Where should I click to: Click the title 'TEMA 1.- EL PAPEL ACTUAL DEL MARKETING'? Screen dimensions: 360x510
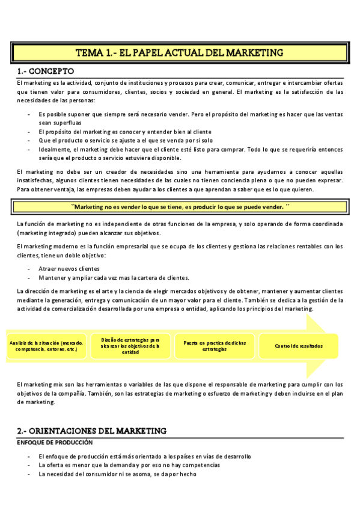click(180, 53)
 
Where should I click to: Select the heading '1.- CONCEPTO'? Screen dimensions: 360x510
click(47, 71)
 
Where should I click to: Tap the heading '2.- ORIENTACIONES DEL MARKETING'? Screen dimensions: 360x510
click(91, 431)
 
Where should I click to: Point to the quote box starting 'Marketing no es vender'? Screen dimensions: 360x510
click(180, 206)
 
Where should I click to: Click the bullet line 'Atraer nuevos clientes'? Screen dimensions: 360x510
click(69, 268)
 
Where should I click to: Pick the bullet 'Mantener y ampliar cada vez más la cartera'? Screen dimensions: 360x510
click(114, 278)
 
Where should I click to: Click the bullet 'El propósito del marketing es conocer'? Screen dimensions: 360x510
click(124, 131)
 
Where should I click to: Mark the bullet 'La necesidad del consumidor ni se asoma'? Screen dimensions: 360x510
click(117, 474)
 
